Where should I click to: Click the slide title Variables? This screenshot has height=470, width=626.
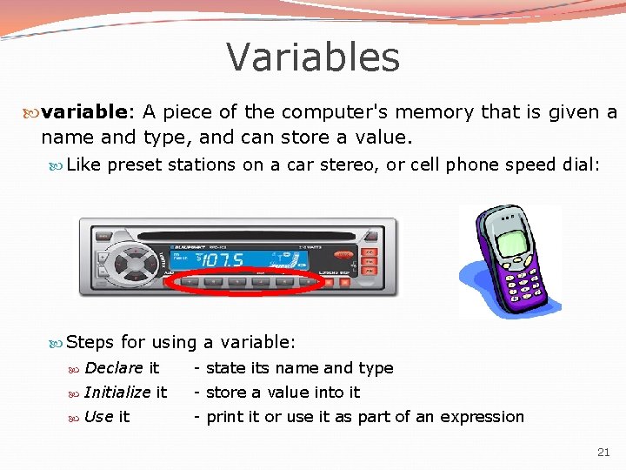[x=313, y=57]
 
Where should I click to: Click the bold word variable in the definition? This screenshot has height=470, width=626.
[x=84, y=112]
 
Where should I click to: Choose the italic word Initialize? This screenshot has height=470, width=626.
[x=117, y=393]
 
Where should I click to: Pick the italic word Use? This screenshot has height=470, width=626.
[x=98, y=417]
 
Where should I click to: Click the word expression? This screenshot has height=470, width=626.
[x=482, y=417]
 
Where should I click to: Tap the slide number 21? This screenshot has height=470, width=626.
[x=604, y=453]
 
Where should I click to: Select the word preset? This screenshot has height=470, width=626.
[x=135, y=165]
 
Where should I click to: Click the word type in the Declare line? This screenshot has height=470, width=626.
[x=376, y=369]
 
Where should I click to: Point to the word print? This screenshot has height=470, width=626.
[x=224, y=417]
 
